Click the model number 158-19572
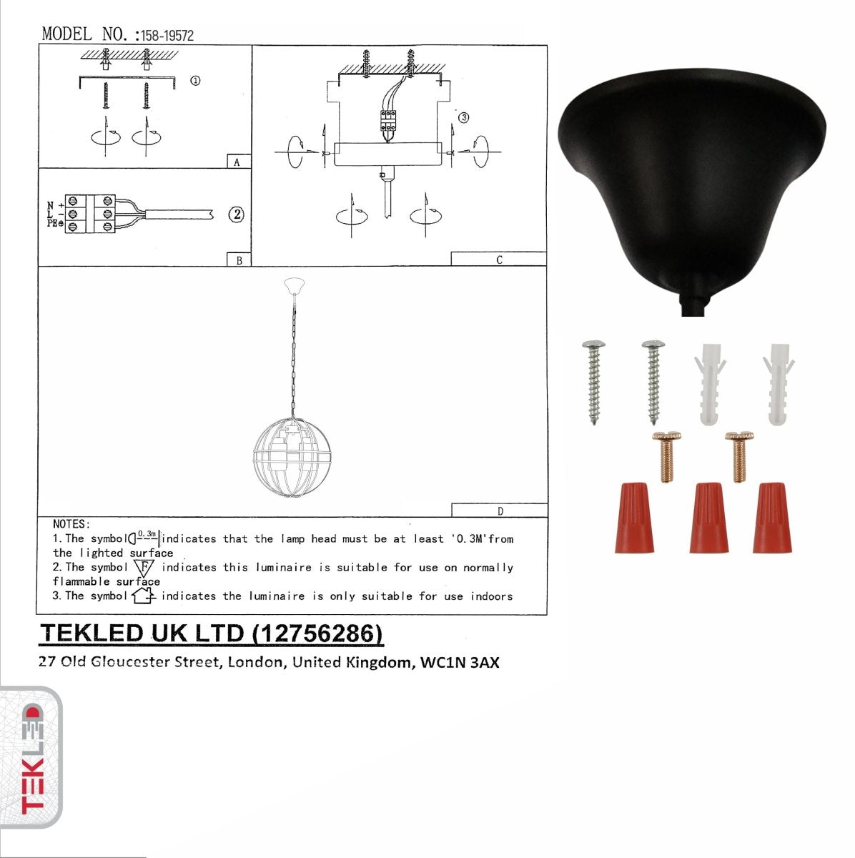167,35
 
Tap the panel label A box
238,162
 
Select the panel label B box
239,260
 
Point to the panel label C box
498,260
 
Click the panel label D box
499,511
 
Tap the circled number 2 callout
236,214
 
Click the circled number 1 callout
195,81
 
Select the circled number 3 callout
463,117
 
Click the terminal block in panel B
90,214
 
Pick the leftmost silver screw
593,383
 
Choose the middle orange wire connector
708,518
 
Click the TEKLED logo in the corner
31,758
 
